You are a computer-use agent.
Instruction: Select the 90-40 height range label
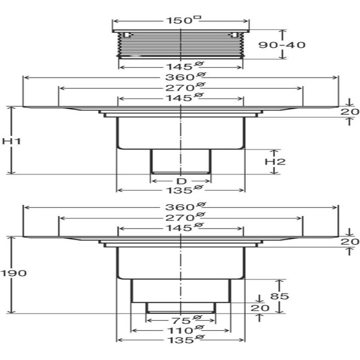pyautogui.click(x=282, y=45)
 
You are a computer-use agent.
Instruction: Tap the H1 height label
pyautogui.click(x=11, y=141)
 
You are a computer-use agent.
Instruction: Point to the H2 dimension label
pyautogui.click(x=275, y=161)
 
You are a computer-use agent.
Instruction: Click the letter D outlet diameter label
pyautogui.click(x=181, y=182)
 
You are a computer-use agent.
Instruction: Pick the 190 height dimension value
pyautogui.click(x=14, y=273)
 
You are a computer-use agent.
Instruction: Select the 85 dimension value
pyautogui.click(x=279, y=296)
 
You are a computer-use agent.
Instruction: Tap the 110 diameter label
pyautogui.click(x=186, y=330)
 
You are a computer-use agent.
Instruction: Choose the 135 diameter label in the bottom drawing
pyautogui.click(x=186, y=340)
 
